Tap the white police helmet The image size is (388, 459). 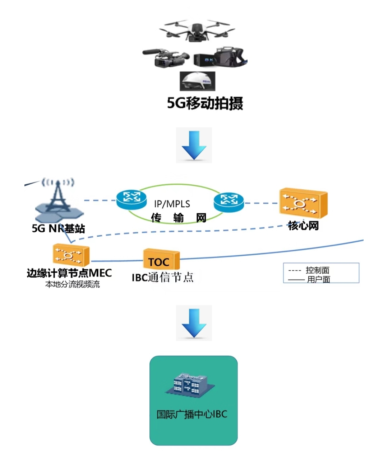click(x=197, y=81)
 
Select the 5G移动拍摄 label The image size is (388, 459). click(x=205, y=103)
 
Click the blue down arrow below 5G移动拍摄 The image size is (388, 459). click(x=194, y=145)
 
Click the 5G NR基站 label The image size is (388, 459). click(x=58, y=228)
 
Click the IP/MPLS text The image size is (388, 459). click(x=172, y=204)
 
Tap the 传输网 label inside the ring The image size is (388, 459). click(x=179, y=218)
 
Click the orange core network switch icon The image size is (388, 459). click(x=303, y=203)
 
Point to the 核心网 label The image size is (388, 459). click(x=303, y=226)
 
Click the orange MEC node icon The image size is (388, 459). click(x=70, y=255)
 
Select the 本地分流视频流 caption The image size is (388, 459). click(x=72, y=285)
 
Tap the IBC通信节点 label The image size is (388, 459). click(x=162, y=278)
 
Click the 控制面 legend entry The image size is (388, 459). click(x=317, y=270)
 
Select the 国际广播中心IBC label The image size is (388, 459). click(x=192, y=414)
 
